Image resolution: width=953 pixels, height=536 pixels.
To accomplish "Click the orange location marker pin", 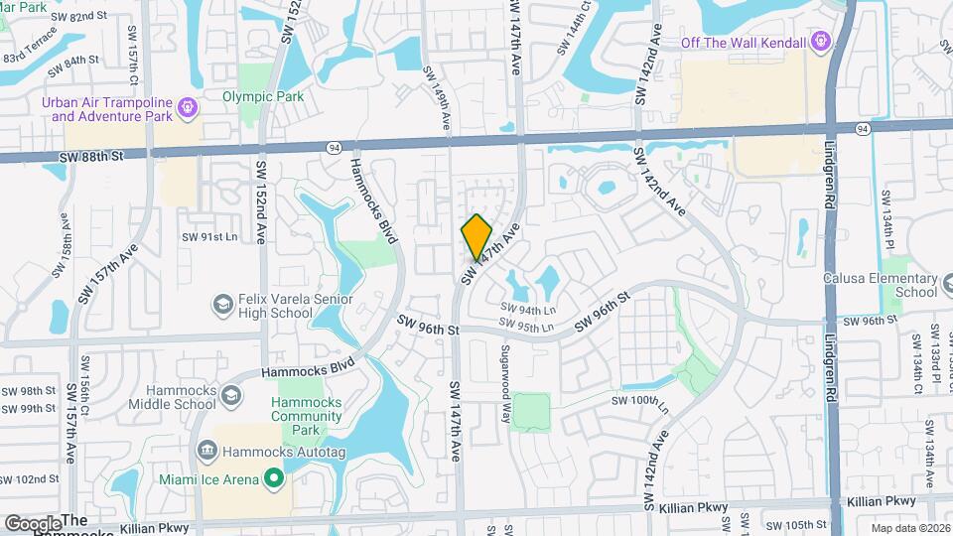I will tap(476, 235).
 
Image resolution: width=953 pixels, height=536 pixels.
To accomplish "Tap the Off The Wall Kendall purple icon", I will tap(820, 42).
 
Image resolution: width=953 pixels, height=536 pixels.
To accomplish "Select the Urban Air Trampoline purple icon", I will tap(187, 104).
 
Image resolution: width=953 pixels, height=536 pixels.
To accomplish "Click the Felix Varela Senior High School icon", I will tap(223, 303).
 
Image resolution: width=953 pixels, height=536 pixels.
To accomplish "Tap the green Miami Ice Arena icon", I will tap(274, 479).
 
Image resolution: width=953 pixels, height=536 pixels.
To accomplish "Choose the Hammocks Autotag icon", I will tap(206, 452).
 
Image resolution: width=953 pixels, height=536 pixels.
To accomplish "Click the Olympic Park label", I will tap(263, 96).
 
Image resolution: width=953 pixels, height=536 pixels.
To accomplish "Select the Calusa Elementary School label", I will tap(881, 285).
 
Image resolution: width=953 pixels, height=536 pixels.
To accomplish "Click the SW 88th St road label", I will tap(90, 156).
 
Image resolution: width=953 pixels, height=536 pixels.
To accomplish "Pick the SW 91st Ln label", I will tap(209, 237).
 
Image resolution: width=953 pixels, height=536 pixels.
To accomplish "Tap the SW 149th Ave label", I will tap(436, 88).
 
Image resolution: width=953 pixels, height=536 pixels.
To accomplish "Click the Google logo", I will tap(32, 523).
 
